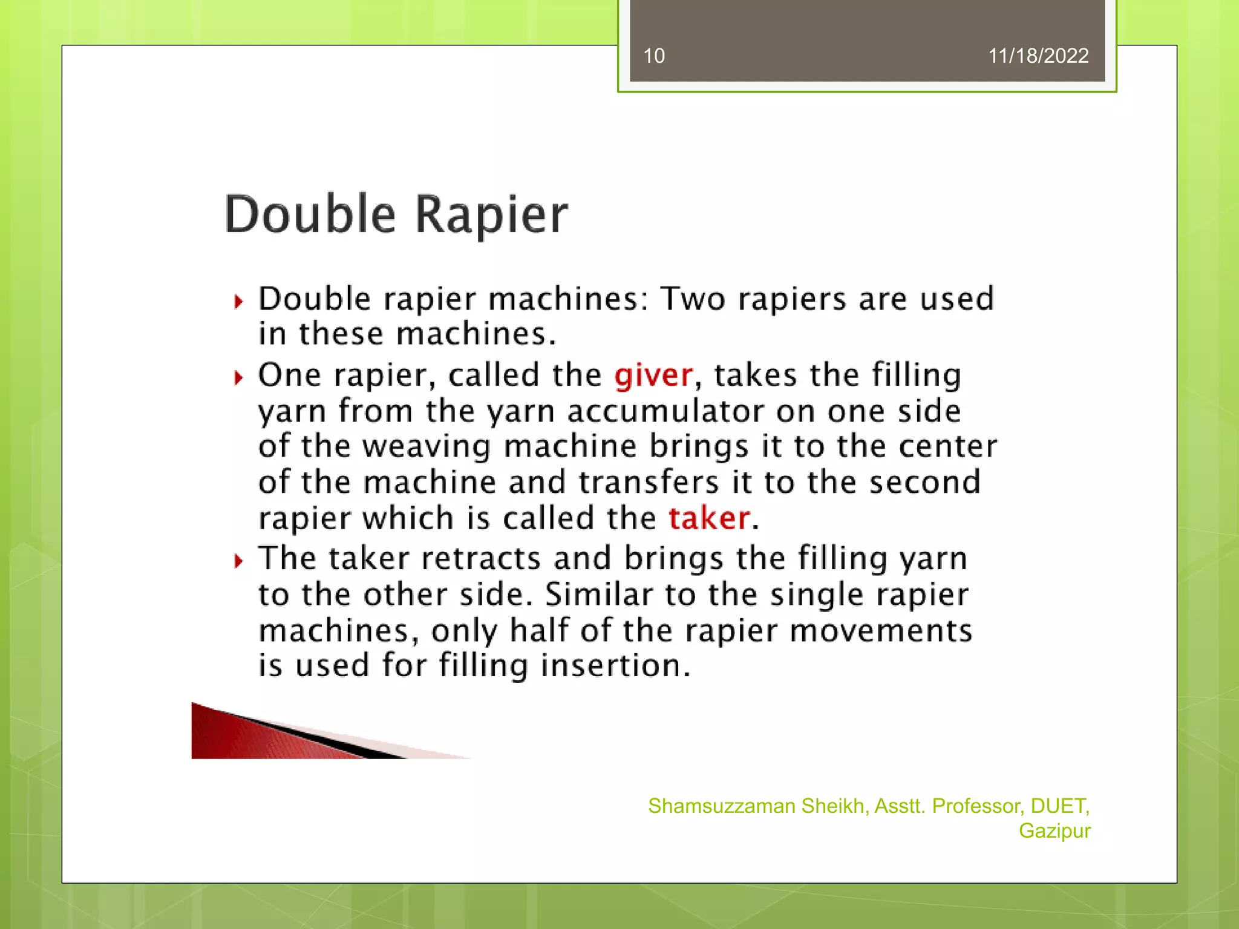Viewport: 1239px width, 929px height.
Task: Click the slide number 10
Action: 653,56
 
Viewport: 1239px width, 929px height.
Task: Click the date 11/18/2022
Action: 1038,56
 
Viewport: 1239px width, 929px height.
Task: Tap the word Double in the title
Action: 310,214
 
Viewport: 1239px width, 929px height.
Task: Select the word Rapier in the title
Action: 492,215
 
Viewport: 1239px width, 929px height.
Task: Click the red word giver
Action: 653,376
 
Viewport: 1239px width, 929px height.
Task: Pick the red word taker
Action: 709,518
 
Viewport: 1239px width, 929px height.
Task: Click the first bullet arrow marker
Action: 239,301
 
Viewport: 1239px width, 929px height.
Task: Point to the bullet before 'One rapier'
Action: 239,378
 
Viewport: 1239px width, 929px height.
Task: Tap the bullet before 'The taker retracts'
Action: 239,561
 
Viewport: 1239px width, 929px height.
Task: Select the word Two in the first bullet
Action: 693,299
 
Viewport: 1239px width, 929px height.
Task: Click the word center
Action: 947,447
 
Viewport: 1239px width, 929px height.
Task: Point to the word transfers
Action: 649,483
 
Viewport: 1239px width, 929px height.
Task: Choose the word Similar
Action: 599,595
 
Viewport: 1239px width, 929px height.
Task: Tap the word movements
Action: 881,631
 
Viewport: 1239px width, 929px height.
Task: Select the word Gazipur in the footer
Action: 1054,831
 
